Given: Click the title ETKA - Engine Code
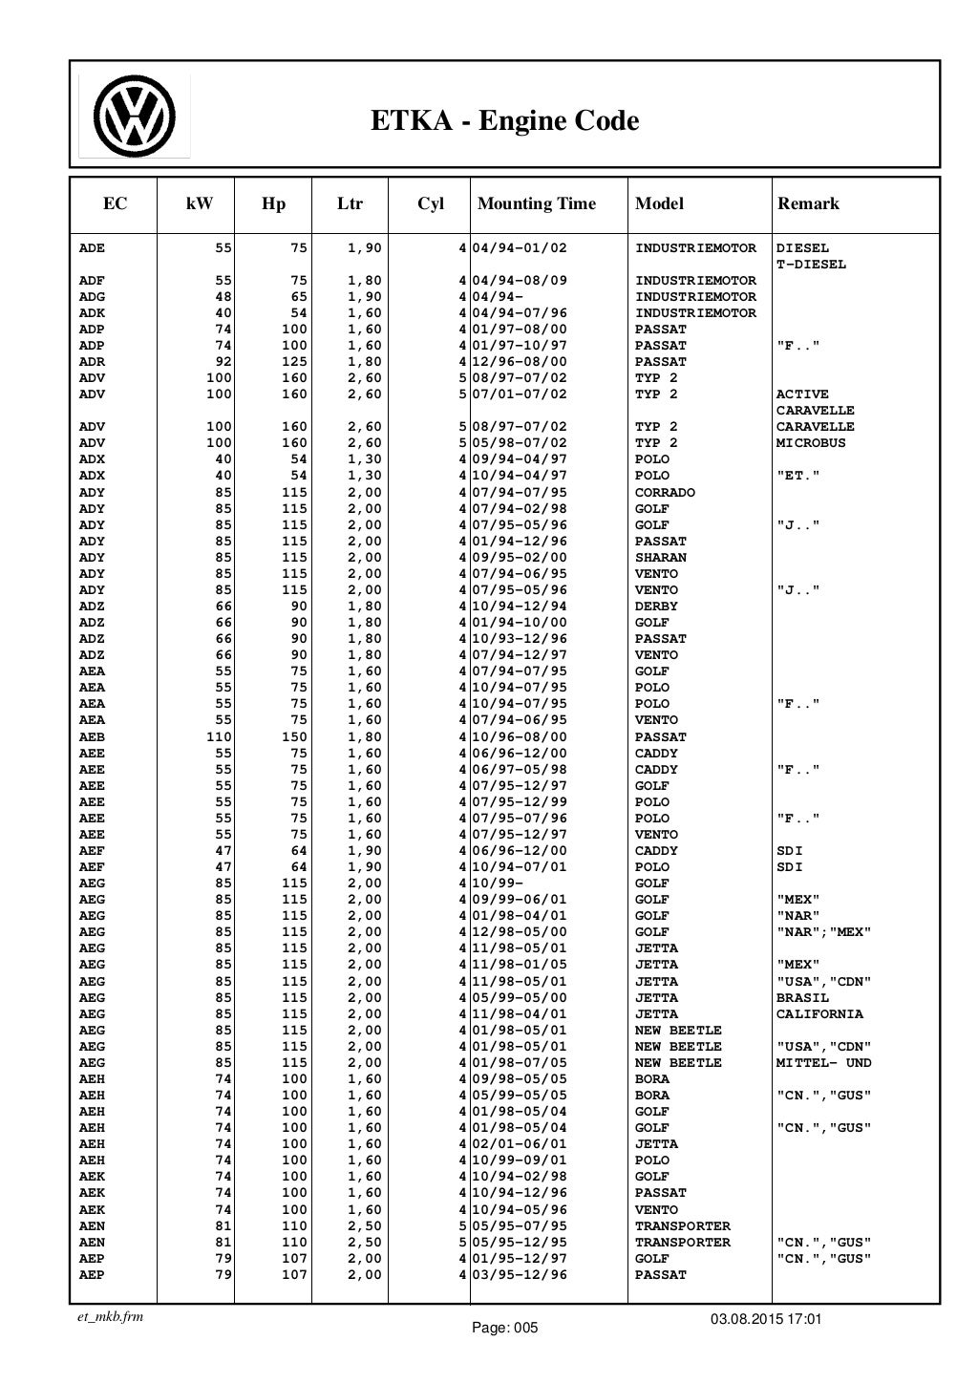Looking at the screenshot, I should coord(504,121).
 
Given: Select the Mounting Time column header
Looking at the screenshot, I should coord(536,203).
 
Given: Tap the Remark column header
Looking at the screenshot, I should coord(808,203).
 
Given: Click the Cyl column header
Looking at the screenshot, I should coord(431,203).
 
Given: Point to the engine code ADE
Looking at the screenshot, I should coord(92,248).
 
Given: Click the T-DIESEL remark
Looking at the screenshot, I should coord(811,265).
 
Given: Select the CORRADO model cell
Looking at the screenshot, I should coord(665,493).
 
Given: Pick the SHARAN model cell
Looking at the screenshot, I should coord(660,558).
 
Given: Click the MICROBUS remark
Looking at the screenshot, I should coord(811,443).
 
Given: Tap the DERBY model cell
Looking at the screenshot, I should coord(656,607).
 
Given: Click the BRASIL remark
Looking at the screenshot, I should coord(802,998).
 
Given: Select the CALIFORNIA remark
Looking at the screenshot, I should coord(819,1014).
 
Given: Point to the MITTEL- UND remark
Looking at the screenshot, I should coord(823,1063).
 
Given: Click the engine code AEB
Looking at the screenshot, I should coord(92,737).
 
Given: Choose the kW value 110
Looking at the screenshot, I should coord(220,737).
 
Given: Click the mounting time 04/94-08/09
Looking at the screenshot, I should coord(520,281).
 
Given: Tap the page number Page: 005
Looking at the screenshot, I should coord(506,1328).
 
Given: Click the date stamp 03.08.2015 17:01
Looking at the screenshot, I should coord(766,1319).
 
